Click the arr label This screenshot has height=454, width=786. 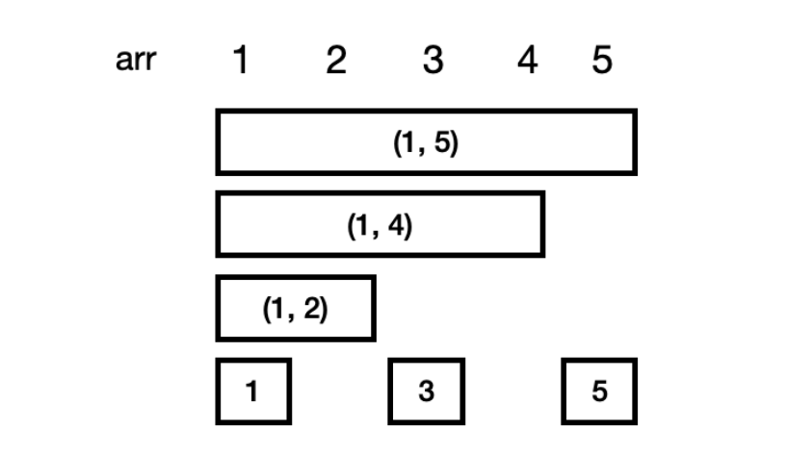tap(135, 62)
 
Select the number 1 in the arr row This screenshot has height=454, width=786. tap(241, 62)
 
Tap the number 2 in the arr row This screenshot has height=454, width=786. tap(334, 62)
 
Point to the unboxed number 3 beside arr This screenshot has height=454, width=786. tap(432, 62)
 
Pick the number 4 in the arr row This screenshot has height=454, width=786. tap(527, 62)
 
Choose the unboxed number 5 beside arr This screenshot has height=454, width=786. tap(601, 62)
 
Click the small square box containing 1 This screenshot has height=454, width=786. tap(252, 391)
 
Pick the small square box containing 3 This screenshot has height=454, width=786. tap(426, 391)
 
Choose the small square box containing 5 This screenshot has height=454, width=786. tap(599, 391)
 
